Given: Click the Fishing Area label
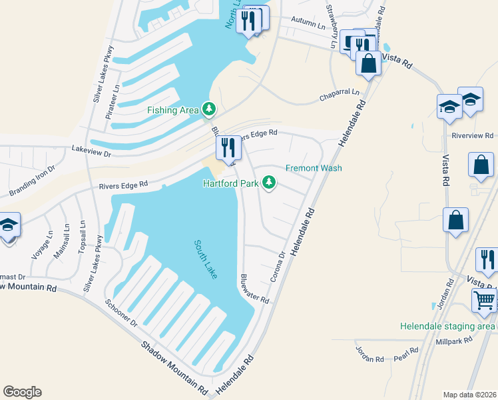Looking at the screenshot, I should (x=173, y=110).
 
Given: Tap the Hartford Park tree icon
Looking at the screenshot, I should (x=269, y=182).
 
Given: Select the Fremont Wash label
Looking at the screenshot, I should (x=314, y=168).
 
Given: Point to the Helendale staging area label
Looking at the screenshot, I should (x=447, y=326).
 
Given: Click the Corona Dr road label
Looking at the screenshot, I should (x=282, y=265).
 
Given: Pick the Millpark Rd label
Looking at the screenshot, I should (x=454, y=340).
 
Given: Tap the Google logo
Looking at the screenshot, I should (x=22, y=392).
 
